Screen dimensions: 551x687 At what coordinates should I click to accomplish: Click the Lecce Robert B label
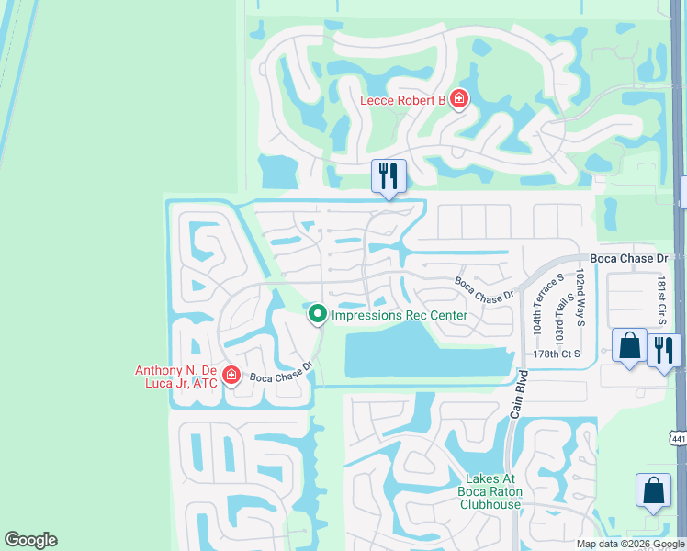coord(402,99)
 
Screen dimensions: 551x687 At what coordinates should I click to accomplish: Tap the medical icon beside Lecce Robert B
coord(458,99)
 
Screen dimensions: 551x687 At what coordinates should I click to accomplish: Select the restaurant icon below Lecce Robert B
coord(388,174)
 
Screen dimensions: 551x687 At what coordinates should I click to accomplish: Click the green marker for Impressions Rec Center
coord(318,315)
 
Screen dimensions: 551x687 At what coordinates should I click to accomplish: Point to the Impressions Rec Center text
coord(400,315)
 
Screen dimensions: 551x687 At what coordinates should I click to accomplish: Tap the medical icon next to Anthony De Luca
coord(231,376)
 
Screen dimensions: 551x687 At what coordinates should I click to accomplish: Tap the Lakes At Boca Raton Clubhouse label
coord(480,491)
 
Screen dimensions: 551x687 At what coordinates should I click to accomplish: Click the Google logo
coord(30,540)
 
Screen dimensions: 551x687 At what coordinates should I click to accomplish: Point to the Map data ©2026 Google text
coord(630,544)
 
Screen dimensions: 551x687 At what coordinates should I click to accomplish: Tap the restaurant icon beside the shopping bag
coord(663,349)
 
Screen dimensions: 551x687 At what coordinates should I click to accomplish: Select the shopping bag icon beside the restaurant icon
coord(629,346)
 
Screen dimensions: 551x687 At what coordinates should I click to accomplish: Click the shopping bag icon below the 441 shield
coord(653,490)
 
